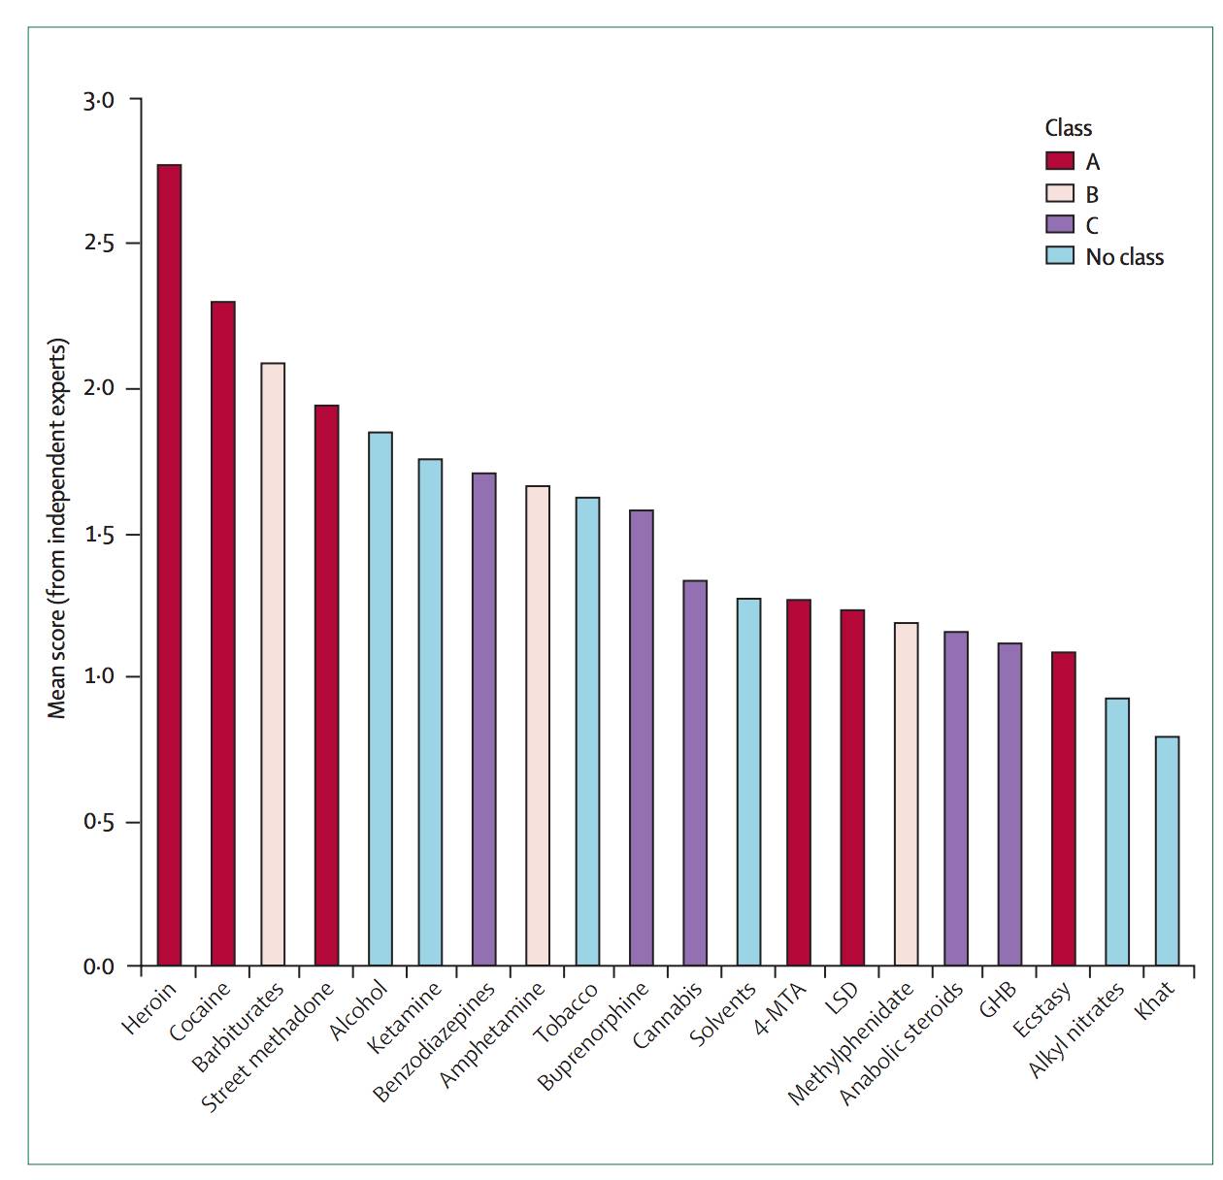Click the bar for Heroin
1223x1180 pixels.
pyautogui.click(x=169, y=564)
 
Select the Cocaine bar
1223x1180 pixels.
pyautogui.click(x=222, y=633)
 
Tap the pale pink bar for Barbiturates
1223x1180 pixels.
pyautogui.click(x=273, y=664)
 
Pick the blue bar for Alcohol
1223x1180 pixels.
pyautogui.click(x=380, y=698)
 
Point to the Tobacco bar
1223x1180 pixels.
pyautogui.click(x=587, y=731)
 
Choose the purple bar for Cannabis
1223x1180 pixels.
pyautogui.click(x=694, y=772)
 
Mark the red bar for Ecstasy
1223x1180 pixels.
pyautogui.click(x=1063, y=808)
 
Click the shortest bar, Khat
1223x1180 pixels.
pyautogui.click(x=1167, y=850)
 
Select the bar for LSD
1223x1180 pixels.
pyautogui.click(x=851, y=787)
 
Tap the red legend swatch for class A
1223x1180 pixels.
pyautogui.click(x=1059, y=160)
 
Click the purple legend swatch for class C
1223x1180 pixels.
pyautogui.click(x=1059, y=224)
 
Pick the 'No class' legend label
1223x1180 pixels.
pyautogui.click(x=1124, y=256)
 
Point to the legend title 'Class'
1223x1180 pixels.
pyautogui.click(x=1068, y=127)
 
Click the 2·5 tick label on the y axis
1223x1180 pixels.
pyautogui.click(x=99, y=244)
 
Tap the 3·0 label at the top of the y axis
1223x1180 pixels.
pyautogui.click(x=99, y=101)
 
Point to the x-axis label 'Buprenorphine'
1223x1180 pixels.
pyautogui.click(x=592, y=1034)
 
